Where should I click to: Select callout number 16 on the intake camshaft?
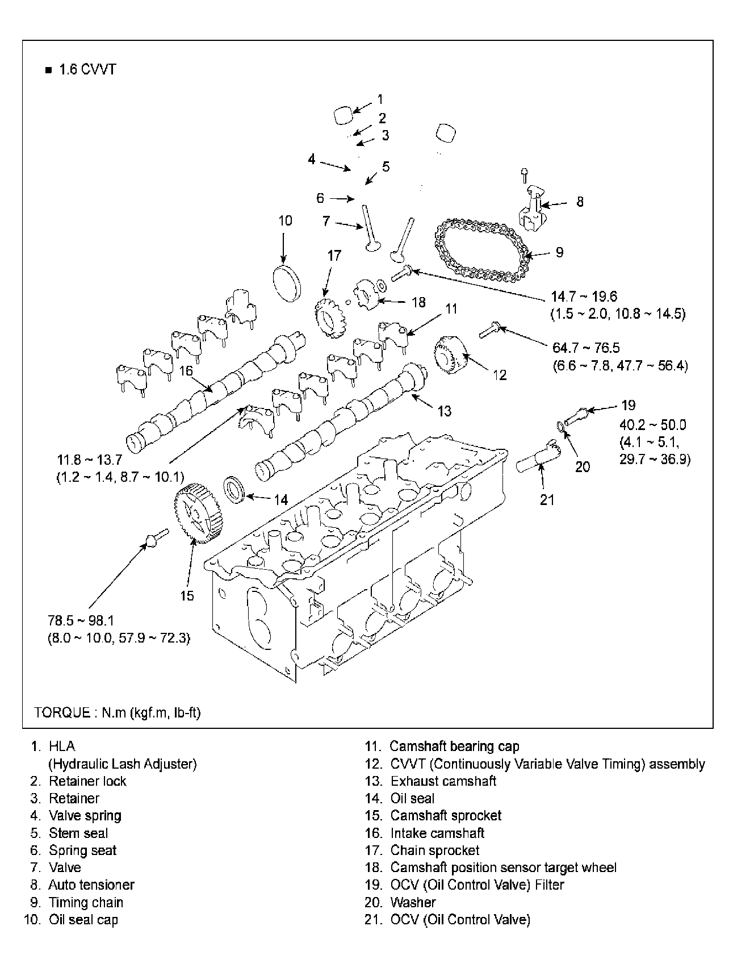(186, 370)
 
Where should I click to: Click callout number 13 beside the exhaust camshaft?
(444, 411)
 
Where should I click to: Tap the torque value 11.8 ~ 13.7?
(90, 460)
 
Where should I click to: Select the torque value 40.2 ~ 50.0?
(652, 424)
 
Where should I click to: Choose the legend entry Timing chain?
(86, 902)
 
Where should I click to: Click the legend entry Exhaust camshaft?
(443, 781)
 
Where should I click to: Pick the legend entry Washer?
(413, 902)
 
